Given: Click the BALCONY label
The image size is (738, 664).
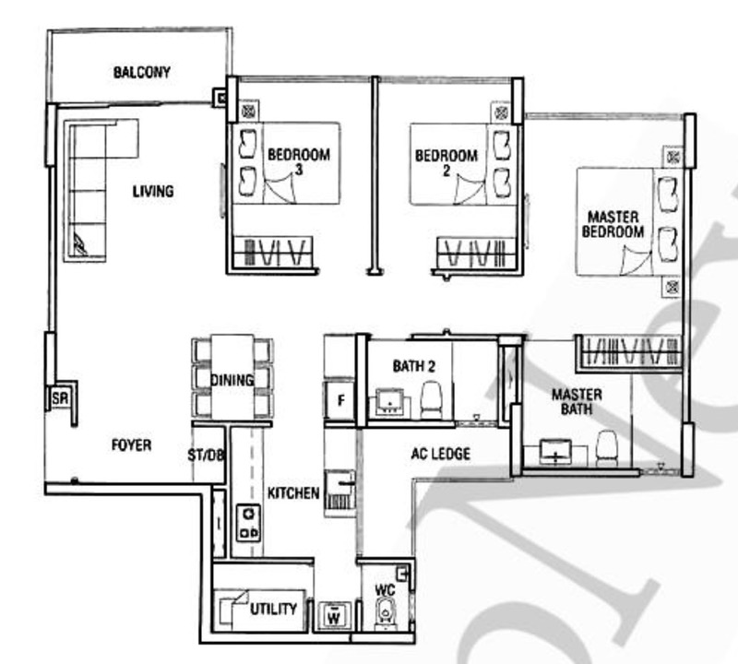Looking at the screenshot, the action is coord(142,72).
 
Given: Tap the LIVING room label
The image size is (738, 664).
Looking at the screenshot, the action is coord(153,191).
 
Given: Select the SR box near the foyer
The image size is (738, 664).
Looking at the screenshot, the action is coord(60,398).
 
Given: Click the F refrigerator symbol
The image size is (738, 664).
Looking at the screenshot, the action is coord(340,400).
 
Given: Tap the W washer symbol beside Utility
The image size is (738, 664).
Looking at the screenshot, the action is coord(334,615).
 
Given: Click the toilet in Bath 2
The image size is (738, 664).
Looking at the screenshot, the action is coord(431,399).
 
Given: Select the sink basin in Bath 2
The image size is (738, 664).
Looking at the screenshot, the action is coord(389,403).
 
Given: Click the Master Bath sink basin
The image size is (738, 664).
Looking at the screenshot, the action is coord(556,453).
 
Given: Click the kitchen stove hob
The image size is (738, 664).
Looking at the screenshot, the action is coord(248,522).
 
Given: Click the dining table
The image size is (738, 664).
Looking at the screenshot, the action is coord(232,376).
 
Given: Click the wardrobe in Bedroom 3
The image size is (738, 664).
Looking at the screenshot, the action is coord(273,252).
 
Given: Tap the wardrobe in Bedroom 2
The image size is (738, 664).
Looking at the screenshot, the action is coord(476,253).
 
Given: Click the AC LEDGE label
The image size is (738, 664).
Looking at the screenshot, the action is coord(441,454).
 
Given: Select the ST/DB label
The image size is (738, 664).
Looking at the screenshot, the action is coord(206,455).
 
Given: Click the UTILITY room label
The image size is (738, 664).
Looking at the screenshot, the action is coord(273,609).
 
